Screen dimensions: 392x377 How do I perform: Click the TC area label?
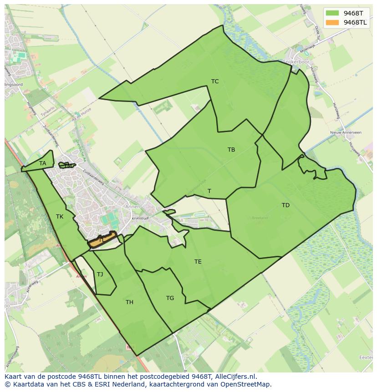(x=215, y=81)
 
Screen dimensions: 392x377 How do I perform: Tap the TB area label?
(x=231, y=150)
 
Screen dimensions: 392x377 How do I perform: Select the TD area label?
(x=285, y=205)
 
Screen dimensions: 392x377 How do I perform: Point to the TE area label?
(x=198, y=262)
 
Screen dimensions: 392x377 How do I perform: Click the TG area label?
(x=170, y=298)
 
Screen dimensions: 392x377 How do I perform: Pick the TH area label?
(x=130, y=302)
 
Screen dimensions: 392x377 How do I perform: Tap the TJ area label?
(x=100, y=274)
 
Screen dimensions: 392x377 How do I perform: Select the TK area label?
(x=60, y=217)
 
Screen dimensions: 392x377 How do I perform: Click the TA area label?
(x=43, y=163)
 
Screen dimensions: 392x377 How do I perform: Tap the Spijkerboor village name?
(x=296, y=61)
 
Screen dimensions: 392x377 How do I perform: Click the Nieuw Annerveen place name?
(x=346, y=132)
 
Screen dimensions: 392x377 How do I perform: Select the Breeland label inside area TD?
(x=260, y=218)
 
